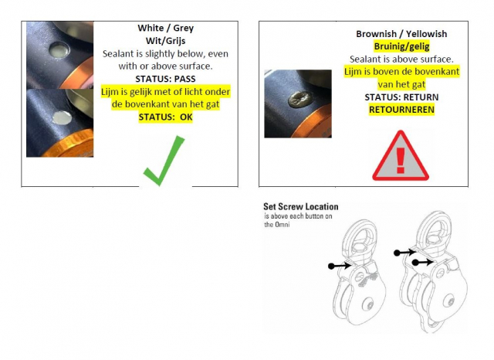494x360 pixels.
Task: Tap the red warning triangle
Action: [x=401, y=156]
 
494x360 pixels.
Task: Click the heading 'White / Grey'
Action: [x=165, y=28]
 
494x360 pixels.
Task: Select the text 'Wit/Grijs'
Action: [x=165, y=41]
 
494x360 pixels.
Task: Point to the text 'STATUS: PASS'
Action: [x=165, y=79]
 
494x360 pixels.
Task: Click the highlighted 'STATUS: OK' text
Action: [x=165, y=117]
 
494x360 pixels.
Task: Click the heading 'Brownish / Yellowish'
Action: [x=401, y=34]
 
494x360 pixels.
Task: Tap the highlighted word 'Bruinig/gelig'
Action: [x=401, y=46]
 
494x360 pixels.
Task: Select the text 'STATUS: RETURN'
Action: [x=401, y=97]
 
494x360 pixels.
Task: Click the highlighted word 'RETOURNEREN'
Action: [x=401, y=110]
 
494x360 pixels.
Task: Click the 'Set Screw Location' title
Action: [x=301, y=207]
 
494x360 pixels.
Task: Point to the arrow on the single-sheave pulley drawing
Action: [x=340, y=266]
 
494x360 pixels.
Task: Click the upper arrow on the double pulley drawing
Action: [x=404, y=252]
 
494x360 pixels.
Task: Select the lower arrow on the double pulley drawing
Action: [x=423, y=263]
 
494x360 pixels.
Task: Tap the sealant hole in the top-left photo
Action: [x=60, y=49]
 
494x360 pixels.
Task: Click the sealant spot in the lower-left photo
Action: [x=62, y=117]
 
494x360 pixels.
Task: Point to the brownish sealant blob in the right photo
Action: [x=299, y=100]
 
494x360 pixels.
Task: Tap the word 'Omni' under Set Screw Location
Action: [x=282, y=225]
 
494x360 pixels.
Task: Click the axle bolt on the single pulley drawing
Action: [x=369, y=304]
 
